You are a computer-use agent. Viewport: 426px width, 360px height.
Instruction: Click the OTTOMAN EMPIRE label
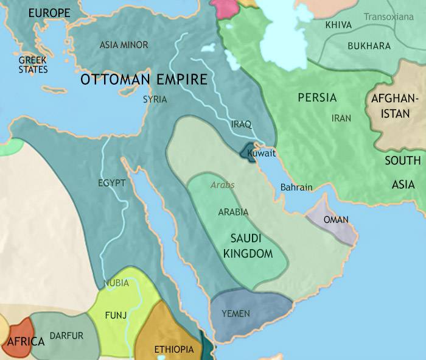144,80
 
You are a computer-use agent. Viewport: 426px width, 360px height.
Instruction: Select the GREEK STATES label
33,65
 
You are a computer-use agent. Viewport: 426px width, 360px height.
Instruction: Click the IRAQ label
241,124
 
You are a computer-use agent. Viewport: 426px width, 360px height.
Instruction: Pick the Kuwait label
262,154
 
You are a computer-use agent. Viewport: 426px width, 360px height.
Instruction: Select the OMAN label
336,219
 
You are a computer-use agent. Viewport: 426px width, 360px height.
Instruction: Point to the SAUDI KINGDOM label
251,245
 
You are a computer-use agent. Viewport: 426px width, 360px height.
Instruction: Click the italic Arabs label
222,185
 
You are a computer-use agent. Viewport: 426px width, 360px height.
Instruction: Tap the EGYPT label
111,182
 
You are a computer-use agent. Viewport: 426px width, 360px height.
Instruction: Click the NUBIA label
116,283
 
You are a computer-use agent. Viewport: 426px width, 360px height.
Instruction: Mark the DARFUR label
66,336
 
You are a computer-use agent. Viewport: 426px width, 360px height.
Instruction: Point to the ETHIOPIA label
174,349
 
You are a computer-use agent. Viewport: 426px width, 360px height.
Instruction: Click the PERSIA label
317,97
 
